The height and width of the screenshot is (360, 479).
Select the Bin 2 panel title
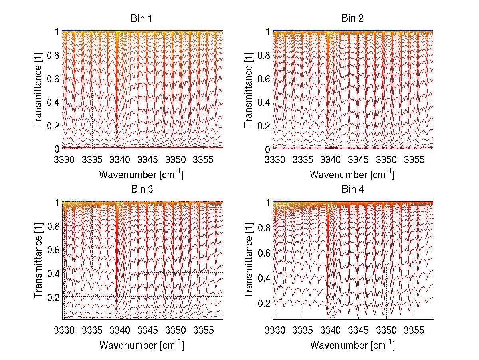(x=352, y=18)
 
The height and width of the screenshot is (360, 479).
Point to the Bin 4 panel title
(x=352, y=189)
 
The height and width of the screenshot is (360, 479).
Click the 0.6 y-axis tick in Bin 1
(x=53, y=78)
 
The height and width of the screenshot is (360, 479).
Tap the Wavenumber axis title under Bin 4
(x=352, y=345)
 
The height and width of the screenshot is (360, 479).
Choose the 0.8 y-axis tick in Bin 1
(x=53, y=55)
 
